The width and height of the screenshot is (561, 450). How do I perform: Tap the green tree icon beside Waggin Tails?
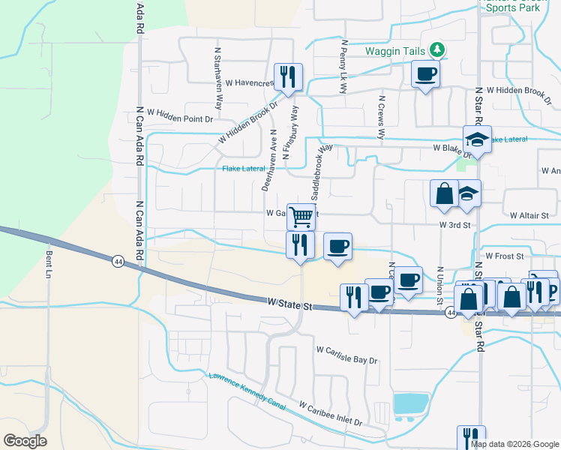click(x=438, y=51)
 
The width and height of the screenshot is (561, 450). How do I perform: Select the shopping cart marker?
click(x=301, y=217)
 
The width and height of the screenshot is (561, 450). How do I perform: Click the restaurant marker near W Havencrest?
click(x=288, y=76)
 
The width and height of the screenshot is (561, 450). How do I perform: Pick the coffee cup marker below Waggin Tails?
click(x=425, y=74)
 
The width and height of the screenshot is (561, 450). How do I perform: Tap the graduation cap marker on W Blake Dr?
click(x=476, y=139)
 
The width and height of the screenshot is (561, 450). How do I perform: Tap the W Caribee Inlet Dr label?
click(x=330, y=413)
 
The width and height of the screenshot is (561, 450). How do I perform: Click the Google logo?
click(x=25, y=441)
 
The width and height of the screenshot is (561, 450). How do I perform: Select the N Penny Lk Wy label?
click(x=343, y=66)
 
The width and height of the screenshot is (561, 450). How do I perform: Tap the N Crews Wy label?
click(x=381, y=118)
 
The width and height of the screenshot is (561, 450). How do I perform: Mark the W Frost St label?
click(x=503, y=256)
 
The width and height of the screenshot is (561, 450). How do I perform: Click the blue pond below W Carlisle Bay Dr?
click(x=411, y=403)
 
